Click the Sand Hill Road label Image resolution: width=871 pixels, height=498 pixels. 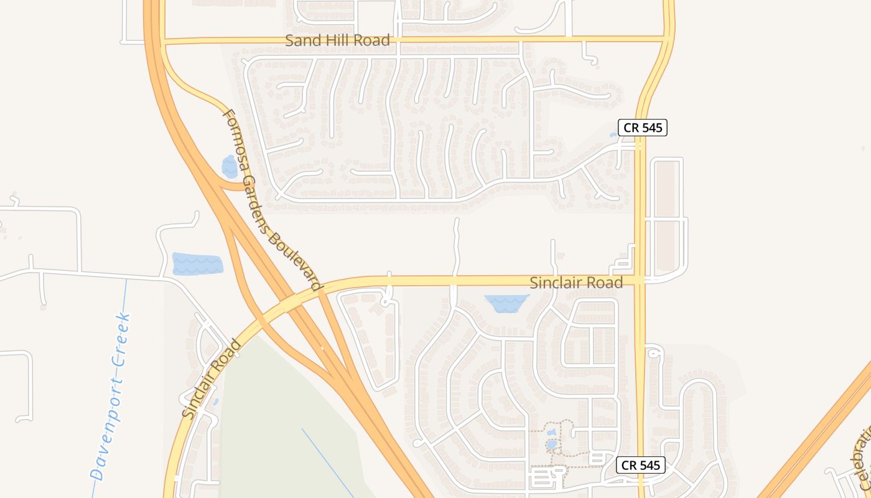pos(337,40)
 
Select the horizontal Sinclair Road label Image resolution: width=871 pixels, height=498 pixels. pos(575,283)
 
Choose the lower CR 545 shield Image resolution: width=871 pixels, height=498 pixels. pos(641,465)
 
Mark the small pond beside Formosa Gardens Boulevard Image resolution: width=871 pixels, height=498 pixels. pos(230,167)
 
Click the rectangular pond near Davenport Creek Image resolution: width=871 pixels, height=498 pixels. pos(197,263)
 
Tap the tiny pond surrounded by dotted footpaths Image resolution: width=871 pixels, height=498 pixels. pos(552,444)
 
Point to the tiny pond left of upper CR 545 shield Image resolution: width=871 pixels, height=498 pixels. pos(613,134)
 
